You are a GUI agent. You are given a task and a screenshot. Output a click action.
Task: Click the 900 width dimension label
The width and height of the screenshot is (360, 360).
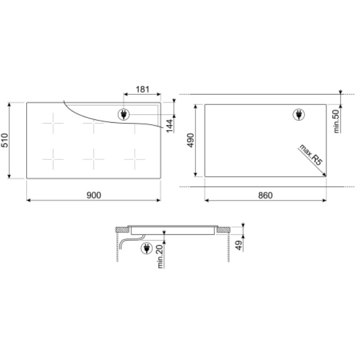[94, 195]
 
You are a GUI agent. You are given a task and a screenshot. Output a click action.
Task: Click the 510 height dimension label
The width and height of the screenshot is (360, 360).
[5, 140]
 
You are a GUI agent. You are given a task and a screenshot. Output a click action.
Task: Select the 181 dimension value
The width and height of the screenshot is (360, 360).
[142, 89]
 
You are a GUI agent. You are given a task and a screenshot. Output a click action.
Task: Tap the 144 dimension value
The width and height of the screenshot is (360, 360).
[169, 126]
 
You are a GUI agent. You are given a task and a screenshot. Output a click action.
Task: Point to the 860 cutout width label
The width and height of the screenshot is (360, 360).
[265, 195]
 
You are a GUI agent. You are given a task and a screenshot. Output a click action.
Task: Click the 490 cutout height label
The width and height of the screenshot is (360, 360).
[190, 140]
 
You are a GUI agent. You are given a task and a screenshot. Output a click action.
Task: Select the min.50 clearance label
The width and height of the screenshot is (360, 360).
[336, 121]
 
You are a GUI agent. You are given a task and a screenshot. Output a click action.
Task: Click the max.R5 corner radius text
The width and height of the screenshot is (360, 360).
[311, 154]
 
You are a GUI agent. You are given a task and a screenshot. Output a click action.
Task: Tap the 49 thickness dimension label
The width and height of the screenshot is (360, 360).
[239, 245]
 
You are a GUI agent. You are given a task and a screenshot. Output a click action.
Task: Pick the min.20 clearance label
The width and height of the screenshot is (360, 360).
[160, 257]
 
